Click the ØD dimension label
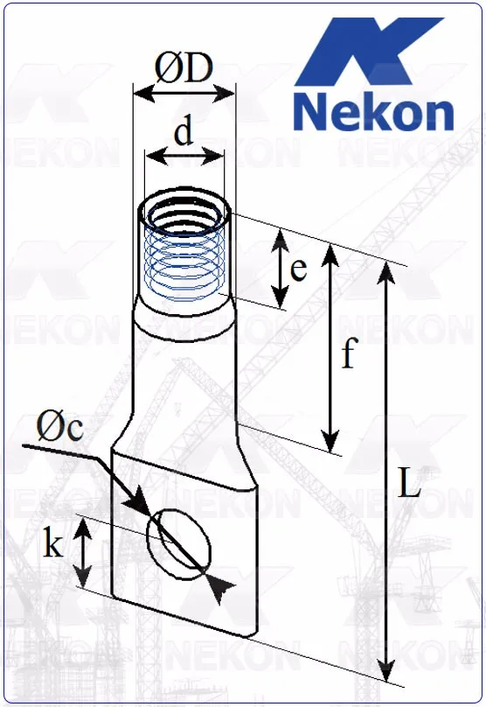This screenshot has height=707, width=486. tap(184, 67)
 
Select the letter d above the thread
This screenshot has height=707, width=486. tap(183, 133)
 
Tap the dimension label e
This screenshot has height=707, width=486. tap(298, 269)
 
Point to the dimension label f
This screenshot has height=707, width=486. tap(348, 354)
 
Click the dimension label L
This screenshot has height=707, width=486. tap(409, 484)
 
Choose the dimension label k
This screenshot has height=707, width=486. tap(53, 545)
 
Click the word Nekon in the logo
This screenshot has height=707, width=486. tap(373, 112)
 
